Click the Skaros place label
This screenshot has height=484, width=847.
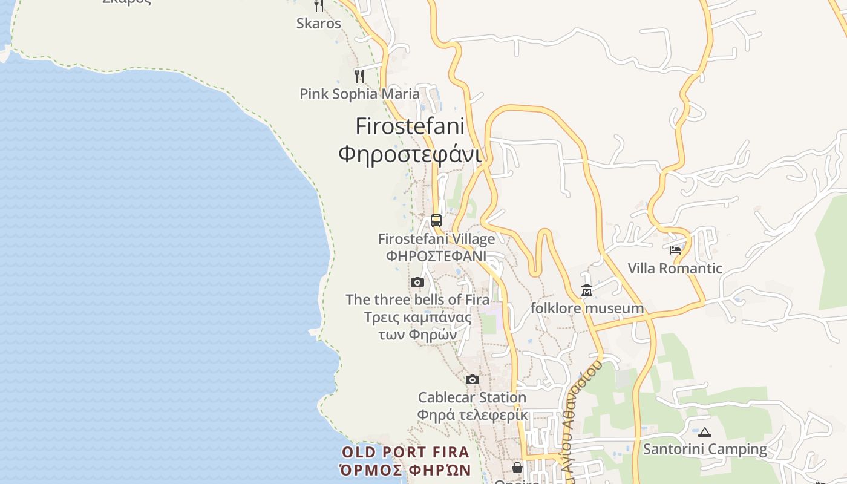click(319, 24)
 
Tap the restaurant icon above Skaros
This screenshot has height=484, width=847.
click(319, 5)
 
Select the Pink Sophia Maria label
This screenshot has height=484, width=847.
click(359, 94)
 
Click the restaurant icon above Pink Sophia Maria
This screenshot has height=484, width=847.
click(359, 76)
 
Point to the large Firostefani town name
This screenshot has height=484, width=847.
click(410, 126)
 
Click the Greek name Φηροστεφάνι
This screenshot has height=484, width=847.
click(410, 154)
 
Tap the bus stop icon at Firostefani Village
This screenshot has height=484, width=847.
click(436, 221)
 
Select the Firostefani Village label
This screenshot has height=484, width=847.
click(436, 239)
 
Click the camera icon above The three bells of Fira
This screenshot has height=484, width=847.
click(417, 283)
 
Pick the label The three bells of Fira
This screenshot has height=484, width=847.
click(417, 299)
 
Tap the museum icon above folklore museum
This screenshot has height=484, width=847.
click(587, 291)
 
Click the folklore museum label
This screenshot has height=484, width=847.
click(587, 308)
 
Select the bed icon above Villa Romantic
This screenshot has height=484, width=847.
click(675, 250)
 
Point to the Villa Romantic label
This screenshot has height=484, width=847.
click(675, 268)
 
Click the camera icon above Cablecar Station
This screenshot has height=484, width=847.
click(473, 380)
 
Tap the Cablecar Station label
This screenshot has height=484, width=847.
click(473, 397)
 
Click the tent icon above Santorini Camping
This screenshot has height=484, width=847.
click(705, 432)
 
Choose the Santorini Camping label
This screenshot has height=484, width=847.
click(705, 449)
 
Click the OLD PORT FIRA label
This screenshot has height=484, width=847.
click(405, 452)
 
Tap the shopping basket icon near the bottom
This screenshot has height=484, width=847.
click(517, 467)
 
